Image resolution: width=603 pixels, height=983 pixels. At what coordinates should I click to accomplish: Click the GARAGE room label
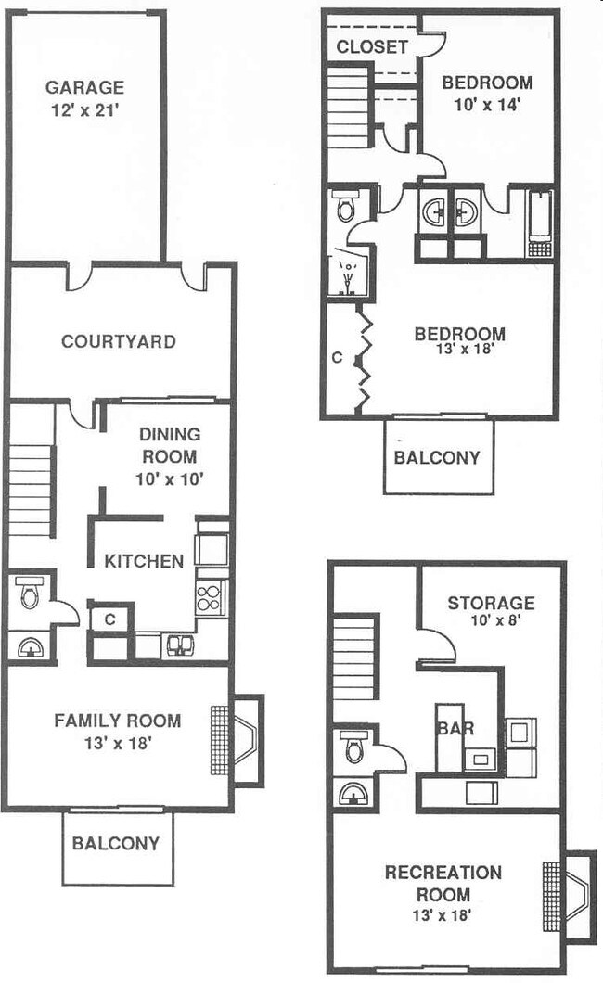click(x=84, y=88)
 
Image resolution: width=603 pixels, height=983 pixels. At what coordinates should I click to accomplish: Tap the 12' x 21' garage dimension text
click(x=84, y=110)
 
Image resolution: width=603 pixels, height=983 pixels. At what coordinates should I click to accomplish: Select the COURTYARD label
click(x=118, y=341)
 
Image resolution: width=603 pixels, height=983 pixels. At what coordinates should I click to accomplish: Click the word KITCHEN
click(x=143, y=560)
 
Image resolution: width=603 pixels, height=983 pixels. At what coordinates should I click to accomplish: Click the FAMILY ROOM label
click(x=117, y=721)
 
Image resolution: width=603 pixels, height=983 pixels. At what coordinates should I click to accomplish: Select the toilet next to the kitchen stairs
click(x=31, y=594)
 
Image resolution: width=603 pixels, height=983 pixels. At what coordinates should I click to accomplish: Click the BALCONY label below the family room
click(x=116, y=844)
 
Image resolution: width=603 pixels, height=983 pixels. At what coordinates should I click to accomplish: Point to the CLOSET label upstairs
click(x=372, y=46)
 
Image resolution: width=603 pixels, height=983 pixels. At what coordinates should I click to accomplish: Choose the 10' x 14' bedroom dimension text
click(x=487, y=105)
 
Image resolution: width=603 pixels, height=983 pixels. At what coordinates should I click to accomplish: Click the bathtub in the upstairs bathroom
click(x=540, y=223)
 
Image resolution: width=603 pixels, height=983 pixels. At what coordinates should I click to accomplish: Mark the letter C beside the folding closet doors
click(x=337, y=357)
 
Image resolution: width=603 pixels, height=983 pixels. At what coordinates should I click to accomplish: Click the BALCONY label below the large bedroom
click(x=437, y=457)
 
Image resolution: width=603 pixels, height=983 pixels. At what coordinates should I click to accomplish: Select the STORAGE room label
click(x=491, y=604)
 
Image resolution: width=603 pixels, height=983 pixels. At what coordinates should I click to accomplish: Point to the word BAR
click(x=455, y=728)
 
